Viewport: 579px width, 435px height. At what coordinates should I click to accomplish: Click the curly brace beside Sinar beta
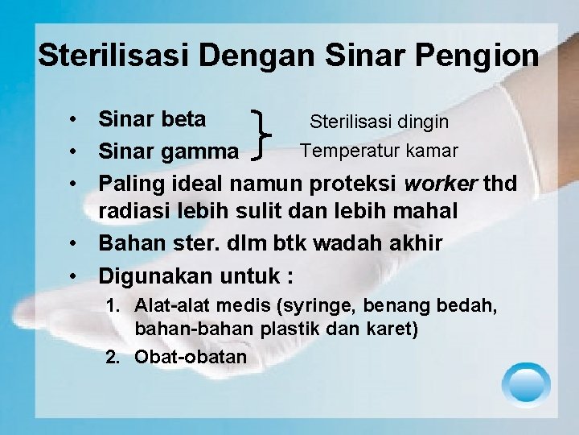point(262,135)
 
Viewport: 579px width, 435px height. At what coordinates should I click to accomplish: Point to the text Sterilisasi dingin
point(380,122)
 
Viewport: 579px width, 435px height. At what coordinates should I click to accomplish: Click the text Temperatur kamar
point(379,150)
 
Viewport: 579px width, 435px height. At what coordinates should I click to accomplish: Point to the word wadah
point(341,243)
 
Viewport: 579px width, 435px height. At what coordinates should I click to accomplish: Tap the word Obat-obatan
point(191,356)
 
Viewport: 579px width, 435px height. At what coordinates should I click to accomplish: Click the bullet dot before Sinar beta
point(73,120)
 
